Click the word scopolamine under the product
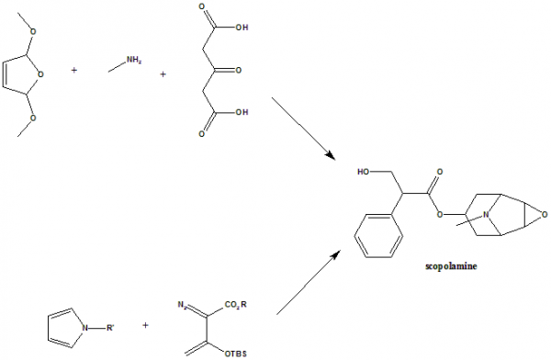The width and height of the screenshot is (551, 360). [450, 267]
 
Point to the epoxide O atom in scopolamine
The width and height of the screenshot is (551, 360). [544, 216]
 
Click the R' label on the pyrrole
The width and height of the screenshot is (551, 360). [108, 324]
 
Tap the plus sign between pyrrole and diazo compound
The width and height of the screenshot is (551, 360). [145, 325]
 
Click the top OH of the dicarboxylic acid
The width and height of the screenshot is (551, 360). [242, 28]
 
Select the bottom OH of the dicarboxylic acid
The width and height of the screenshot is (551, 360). [242, 115]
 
